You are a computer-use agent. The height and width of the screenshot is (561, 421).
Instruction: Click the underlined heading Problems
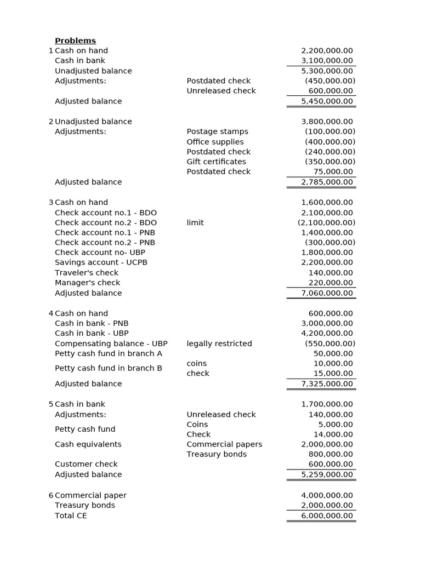click(x=75, y=41)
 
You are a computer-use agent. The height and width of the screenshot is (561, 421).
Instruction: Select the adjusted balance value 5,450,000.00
click(x=327, y=101)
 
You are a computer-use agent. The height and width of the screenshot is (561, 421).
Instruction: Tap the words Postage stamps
click(x=217, y=131)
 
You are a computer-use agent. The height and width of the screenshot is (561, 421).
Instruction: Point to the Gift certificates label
click(x=216, y=162)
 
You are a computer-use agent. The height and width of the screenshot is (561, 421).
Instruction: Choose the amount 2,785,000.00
click(x=327, y=182)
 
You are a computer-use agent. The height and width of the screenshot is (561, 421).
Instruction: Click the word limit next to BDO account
click(x=195, y=222)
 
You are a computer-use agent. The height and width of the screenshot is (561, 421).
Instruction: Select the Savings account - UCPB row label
click(x=101, y=262)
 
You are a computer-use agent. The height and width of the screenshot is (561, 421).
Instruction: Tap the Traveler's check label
click(x=87, y=273)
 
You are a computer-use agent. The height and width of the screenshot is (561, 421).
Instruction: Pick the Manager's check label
click(x=87, y=283)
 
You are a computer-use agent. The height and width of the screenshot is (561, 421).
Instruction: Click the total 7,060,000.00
click(x=327, y=293)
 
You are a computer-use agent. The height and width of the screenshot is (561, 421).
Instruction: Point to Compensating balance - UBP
click(x=111, y=344)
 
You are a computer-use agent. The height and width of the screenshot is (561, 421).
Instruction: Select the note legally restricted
click(x=219, y=344)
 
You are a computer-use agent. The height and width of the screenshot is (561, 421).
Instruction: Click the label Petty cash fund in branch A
click(x=109, y=353)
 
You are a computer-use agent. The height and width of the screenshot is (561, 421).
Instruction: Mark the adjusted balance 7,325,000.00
click(x=327, y=384)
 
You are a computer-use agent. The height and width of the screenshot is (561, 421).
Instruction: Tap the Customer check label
click(x=86, y=464)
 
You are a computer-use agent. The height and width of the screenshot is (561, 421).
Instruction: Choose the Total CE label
click(x=71, y=516)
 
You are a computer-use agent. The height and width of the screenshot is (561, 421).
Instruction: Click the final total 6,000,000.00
click(x=327, y=516)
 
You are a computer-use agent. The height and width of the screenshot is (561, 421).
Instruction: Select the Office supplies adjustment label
click(x=215, y=142)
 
